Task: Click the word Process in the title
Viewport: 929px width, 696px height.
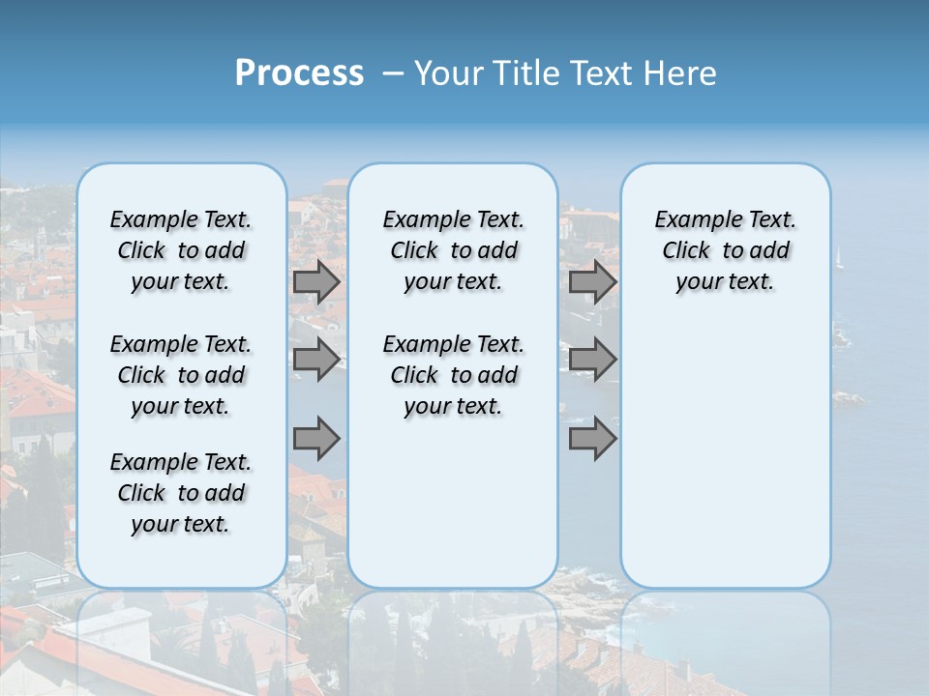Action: [x=298, y=73]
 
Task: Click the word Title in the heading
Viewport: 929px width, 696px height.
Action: [x=522, y=73]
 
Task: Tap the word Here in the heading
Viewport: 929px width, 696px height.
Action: [x=682, y=73]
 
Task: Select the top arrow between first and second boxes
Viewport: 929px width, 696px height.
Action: [x=316, y=281]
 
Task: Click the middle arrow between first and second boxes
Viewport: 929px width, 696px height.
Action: [x=316, y=360]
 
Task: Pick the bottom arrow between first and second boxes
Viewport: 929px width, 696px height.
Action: [x=316, y=438]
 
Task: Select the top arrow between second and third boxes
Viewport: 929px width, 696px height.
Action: [x=592, y=281]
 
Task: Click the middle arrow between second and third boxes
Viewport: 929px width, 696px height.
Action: [x=592, y=360]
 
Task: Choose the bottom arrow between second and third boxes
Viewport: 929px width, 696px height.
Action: [x=592, y=438]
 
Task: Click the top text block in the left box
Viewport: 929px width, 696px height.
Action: [x=181, y=250]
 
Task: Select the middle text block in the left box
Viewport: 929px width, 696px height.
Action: [x=181, y=375]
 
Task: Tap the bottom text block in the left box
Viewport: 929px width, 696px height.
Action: [x=181, y=493]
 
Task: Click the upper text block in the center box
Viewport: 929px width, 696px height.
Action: [x=453, y=250]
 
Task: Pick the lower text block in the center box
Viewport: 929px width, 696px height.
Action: [x=453, y=375]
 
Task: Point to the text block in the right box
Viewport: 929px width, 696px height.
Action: [x=725, y=250]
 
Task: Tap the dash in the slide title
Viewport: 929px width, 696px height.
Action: [x=392, y=73]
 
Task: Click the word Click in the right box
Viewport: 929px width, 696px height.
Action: [x=686, y=251]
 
